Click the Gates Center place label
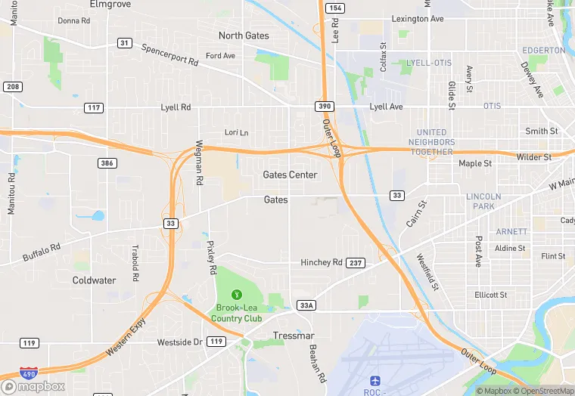[290, 175]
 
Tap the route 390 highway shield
[322, 107]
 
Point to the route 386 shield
[107, 163]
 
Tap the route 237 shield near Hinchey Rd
[356, 263]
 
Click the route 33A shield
[306, 305]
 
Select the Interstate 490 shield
[28, 373]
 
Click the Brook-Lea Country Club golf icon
[237, 295]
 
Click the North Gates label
[243, 36]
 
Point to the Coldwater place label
[94, 280]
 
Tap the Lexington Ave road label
[418, 19]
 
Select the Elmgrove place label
[110, 4]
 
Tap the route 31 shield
[123, 43]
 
